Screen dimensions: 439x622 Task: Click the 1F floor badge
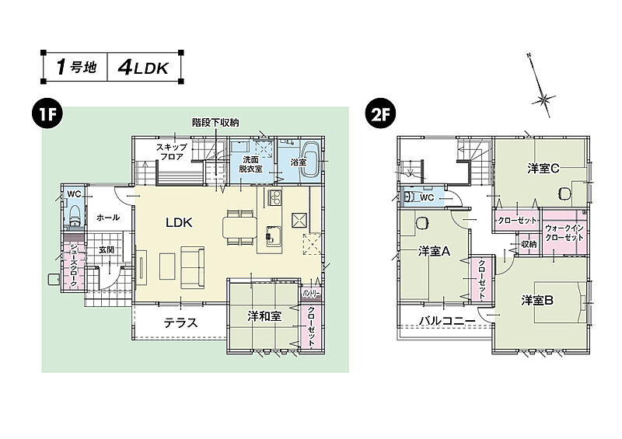tap(45, 114)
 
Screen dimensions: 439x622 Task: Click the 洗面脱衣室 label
tap(250, 162)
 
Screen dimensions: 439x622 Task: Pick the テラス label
tap(180, 322)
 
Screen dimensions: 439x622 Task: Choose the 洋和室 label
tap(264, 316)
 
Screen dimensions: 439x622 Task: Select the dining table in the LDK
tap(238, 226)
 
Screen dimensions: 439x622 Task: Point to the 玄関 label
tap(107, 249)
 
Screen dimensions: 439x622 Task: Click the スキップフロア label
tap(169, 152)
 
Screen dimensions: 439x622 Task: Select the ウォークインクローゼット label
tap(565, 232)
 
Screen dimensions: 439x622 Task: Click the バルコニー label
tap(446, 320)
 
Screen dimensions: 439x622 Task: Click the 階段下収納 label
tap(215, 123)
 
